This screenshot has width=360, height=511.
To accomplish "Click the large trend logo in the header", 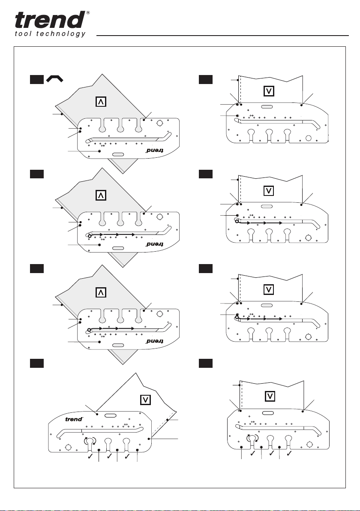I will click(49, 21).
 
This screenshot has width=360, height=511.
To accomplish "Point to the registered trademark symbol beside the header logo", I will click(88, 13).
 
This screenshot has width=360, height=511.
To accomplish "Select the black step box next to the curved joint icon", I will click(36, 79).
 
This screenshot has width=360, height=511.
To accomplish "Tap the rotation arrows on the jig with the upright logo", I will click(90, 441).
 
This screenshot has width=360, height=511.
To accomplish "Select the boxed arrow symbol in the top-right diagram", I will click(270, 91).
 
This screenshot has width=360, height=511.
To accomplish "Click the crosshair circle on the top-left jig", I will click(160, 123).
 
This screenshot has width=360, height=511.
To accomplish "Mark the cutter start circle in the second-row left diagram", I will click(89, 236).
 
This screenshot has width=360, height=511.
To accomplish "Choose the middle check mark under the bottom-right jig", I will click(270, 453).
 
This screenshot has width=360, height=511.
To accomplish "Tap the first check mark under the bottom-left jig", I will click(90, 457).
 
